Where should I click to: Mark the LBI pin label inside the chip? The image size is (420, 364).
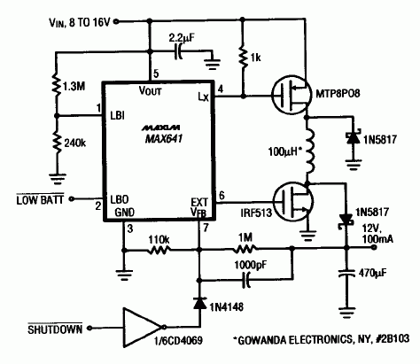click(x=118, y=114)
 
